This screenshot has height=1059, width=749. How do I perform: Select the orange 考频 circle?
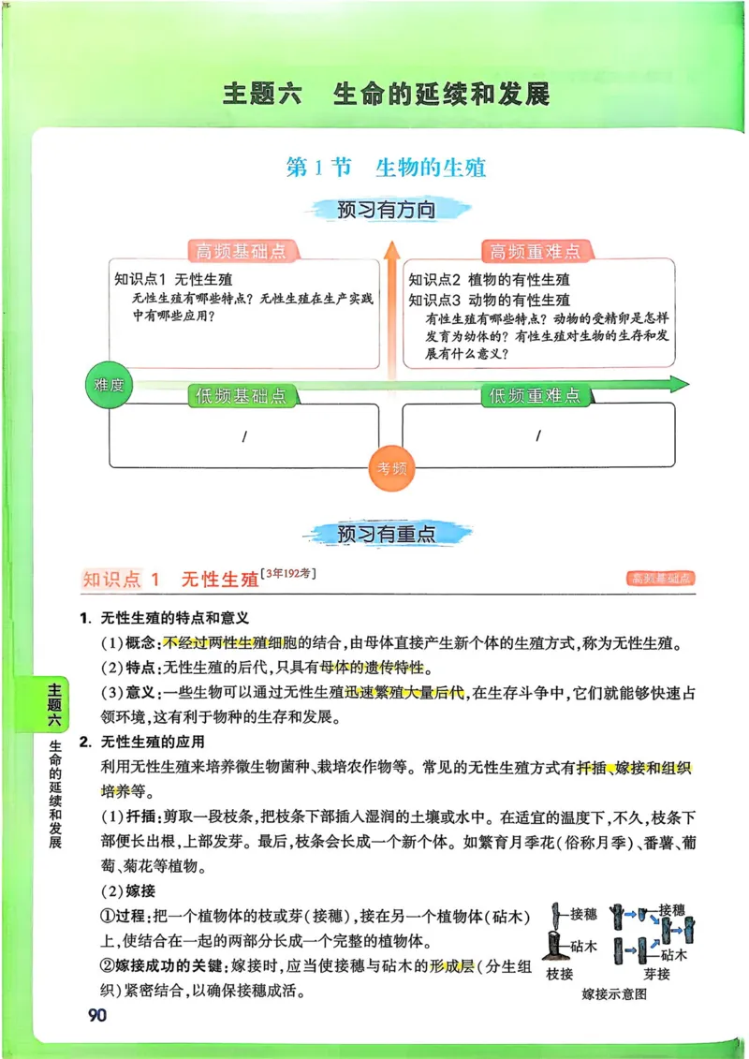click(391, 469)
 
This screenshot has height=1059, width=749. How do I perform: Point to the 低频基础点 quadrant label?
click(241, 395)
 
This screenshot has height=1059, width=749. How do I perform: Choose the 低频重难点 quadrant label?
click(534, 395)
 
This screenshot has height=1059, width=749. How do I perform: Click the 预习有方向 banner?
click(386, 210)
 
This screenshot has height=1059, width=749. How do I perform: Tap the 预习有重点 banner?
click(386, 534)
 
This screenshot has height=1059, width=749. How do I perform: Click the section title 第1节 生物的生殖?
click(386, 169)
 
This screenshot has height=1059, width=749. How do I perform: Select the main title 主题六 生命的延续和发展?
click(386, 95)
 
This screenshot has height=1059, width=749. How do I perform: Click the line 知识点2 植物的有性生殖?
click(490, 280)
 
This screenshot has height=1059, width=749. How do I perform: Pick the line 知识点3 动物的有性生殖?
click(490, 301)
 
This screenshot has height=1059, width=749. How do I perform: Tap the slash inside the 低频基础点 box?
click(244, 436)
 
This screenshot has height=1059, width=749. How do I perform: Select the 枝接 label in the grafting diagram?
click(561, 974)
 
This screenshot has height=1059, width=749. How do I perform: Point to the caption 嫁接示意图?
click(613, 994)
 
